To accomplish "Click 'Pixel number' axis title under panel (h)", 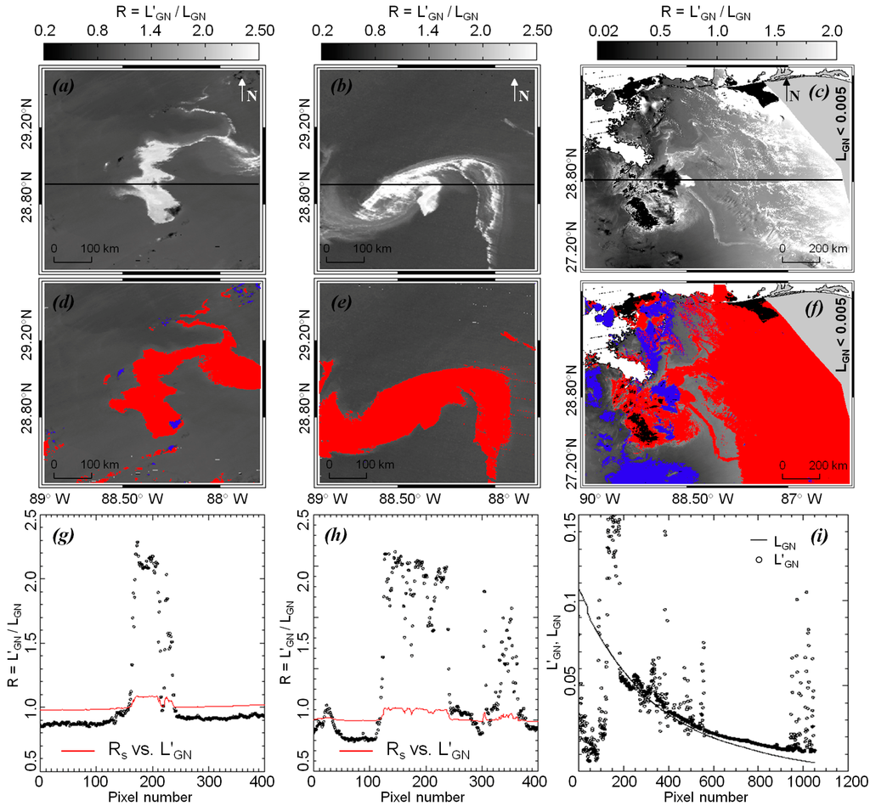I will coord(424,797).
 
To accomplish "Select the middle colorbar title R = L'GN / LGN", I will coord(427,10).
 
